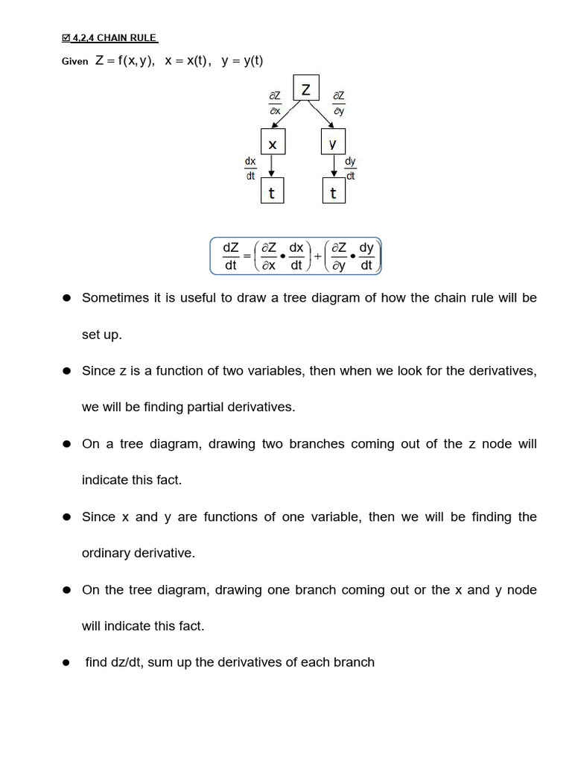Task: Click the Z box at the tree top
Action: click(x=305, y=89)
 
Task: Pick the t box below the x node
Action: click(x=273, y=193)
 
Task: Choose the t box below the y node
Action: click(x=333, y=193)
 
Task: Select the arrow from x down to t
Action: click(x=273, y=166)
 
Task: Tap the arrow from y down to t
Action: click(x=333, y=166)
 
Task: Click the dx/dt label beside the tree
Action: click(x=250, y=168)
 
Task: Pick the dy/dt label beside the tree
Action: click(x=350, y=168)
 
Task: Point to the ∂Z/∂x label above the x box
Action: click(x=275, y=103)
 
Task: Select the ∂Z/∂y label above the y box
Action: click(x=339, y=103)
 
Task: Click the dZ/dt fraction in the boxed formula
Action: click(x=231, y=256)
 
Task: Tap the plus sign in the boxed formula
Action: click(x=318, y=256)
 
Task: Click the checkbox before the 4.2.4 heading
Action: click(x=66, y=38)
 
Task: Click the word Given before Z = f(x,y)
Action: click(x=74, y=63)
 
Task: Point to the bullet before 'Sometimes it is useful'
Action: click(x=66, y=298)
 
